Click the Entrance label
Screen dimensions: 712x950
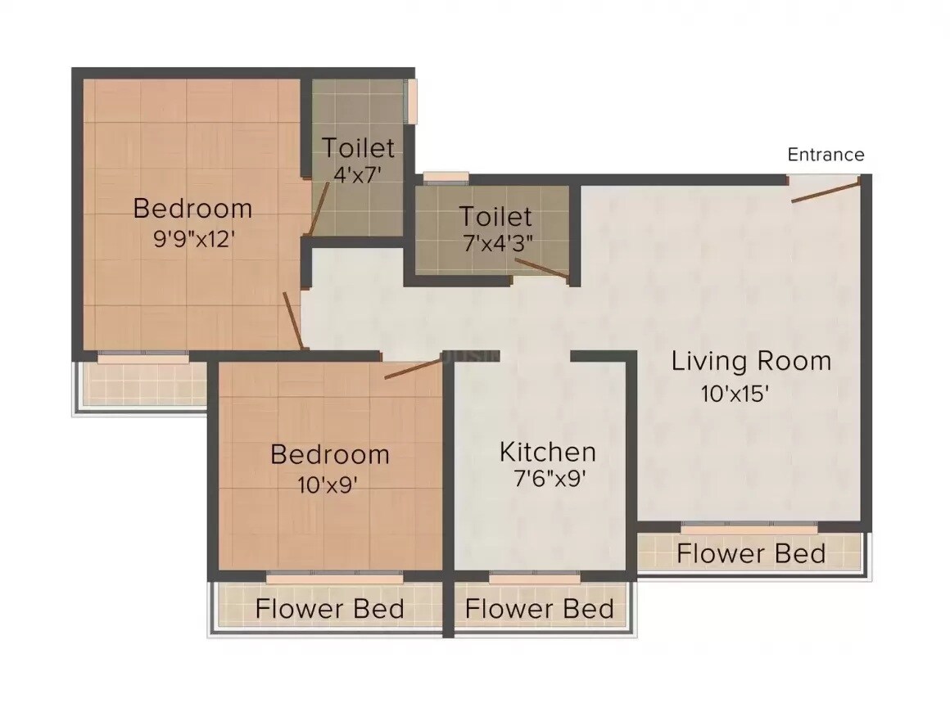[826, 155]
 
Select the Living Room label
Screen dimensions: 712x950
[751, 361]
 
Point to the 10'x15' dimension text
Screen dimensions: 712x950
[735, 394]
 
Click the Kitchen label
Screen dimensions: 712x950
[548, 452]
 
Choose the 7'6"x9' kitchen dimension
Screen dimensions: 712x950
[548, 479]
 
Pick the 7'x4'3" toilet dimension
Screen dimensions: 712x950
[495, 244]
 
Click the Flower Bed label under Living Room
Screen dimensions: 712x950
[750, 554]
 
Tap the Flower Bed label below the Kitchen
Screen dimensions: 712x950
[539, 609]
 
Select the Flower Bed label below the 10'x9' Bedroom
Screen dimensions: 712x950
[329, 609]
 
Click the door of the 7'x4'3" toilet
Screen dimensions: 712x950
[541, 269]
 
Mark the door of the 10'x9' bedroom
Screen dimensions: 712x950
[413, 369]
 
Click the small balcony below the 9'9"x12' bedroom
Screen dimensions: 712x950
[142, 383]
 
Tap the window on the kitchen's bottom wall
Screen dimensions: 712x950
[535, 578]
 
